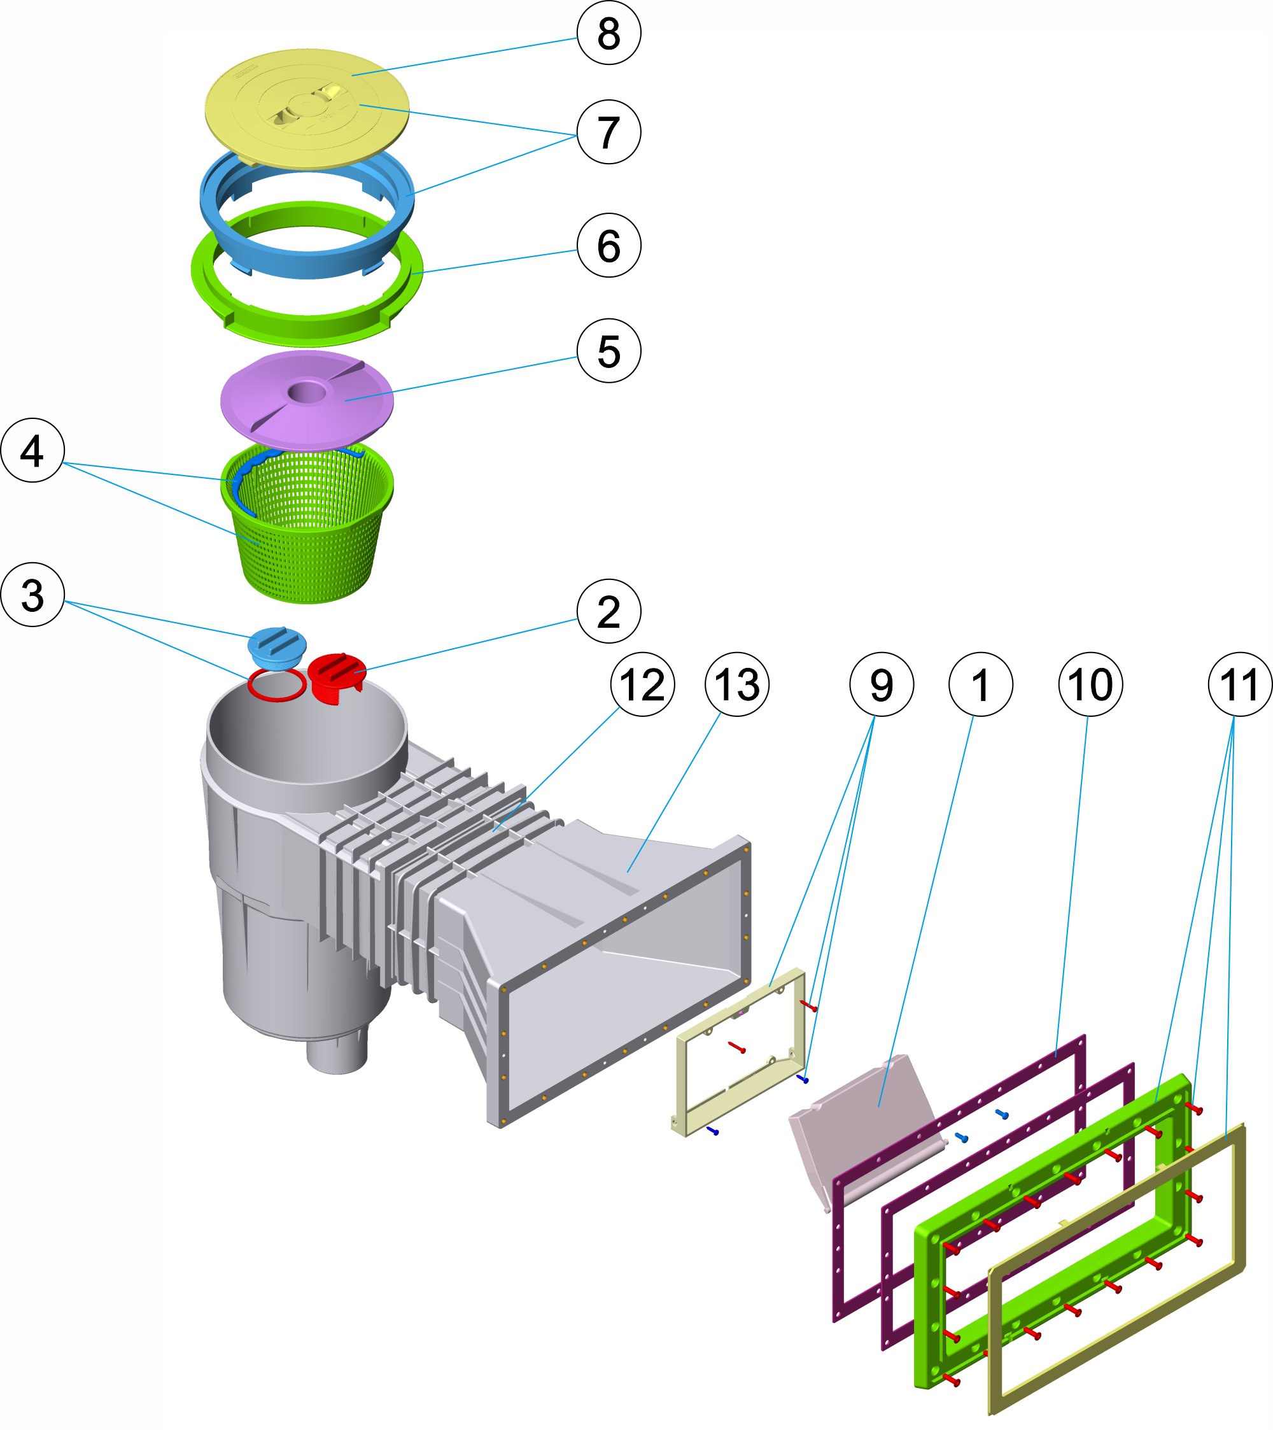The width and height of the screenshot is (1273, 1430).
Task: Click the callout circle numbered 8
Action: pyautogui.click(x=608, y=33)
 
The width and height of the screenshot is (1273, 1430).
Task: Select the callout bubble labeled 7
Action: pyautogui.click(x=608, y=132)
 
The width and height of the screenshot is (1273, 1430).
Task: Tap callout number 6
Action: pyautogui.click(x=608, y=246)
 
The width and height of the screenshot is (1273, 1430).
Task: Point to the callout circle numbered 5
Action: pyautogui.click(x=608, y=351)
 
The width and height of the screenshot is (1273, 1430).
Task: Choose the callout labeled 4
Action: pyautogui.click(x=32, y=451)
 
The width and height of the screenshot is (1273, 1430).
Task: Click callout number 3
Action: pyautogui.click(x=32, y=595)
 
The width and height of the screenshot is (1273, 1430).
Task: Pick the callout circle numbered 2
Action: pyautogui.click(x=608, y=611)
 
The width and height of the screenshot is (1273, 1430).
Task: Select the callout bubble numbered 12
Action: pyautogui.click(x=642, y=684)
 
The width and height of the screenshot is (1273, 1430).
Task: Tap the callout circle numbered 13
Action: pyautogui.click(x=737, y=684)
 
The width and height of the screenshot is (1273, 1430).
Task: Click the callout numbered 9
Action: pyautogui.click(x=882, y=684)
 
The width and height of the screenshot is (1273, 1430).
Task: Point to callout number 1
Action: pyautogui.click(x=981, y=684)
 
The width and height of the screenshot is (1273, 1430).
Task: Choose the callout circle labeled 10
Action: pyautogui.click(x=1090, y=684)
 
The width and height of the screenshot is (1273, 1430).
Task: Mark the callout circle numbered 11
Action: pyautogui.click(x=1240, y=684)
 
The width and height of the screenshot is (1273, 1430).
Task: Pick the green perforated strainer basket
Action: pyautogui.click(x=308, y=539)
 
